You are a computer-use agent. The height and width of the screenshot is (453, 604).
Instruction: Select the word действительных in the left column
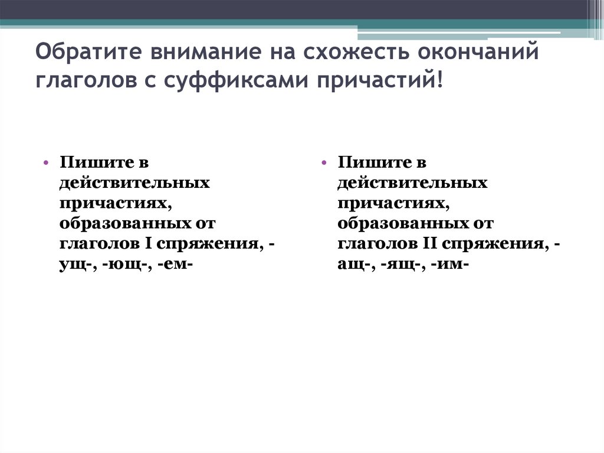tap(134, 183)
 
